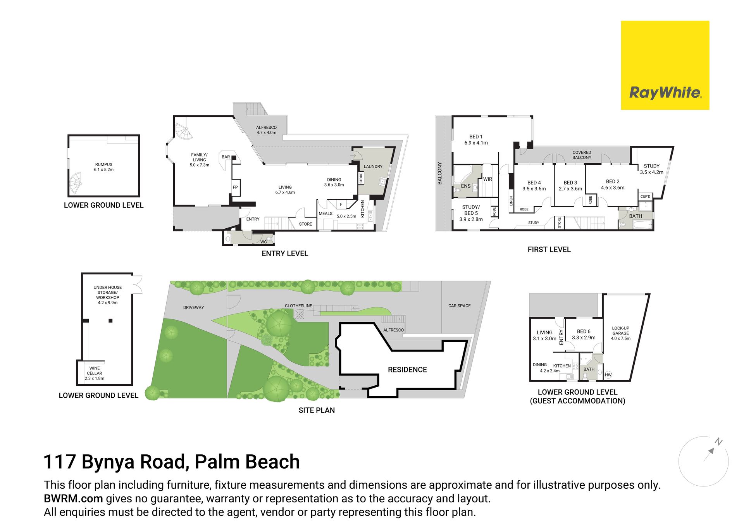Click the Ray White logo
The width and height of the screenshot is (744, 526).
coord(665,65)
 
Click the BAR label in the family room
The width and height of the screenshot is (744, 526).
coord(226,157)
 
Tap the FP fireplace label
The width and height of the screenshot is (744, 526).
coord(235,187)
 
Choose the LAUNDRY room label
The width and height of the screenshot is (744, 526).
coord(373,167)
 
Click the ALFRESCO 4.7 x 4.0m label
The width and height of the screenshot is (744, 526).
coord(267,130)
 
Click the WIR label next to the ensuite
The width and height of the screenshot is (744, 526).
coord(487,179)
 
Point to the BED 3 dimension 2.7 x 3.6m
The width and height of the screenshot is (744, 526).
coord(570,189)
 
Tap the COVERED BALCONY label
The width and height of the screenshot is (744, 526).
coord(582,155)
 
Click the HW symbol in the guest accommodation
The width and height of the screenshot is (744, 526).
coord(608,375)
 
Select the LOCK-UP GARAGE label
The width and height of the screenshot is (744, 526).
coord(621,331)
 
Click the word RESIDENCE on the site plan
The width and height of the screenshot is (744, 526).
coord(407,370)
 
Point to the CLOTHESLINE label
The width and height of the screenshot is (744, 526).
coord(298,306)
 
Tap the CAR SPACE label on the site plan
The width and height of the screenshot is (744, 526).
coord(460,306)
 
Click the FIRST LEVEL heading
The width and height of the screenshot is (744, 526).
coord(549,250)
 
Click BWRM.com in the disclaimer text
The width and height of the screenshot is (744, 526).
coord(73,498)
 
